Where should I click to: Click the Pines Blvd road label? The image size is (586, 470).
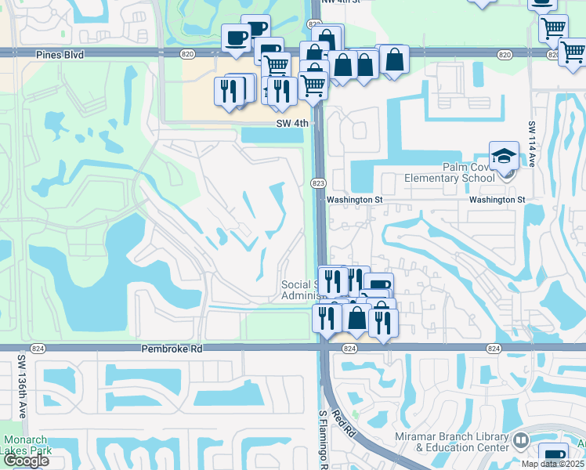[60, 55]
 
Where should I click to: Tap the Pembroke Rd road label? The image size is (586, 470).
[172, 348]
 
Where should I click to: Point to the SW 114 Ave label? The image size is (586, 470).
[532, 144]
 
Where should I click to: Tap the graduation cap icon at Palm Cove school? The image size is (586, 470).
[504, 155]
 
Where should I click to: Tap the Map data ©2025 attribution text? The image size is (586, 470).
[552, 464]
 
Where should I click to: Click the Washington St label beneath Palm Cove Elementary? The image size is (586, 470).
[497, 200]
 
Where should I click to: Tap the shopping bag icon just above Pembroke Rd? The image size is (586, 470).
[357, 318]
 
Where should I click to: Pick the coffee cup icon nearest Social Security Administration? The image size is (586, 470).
[378, 286]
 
